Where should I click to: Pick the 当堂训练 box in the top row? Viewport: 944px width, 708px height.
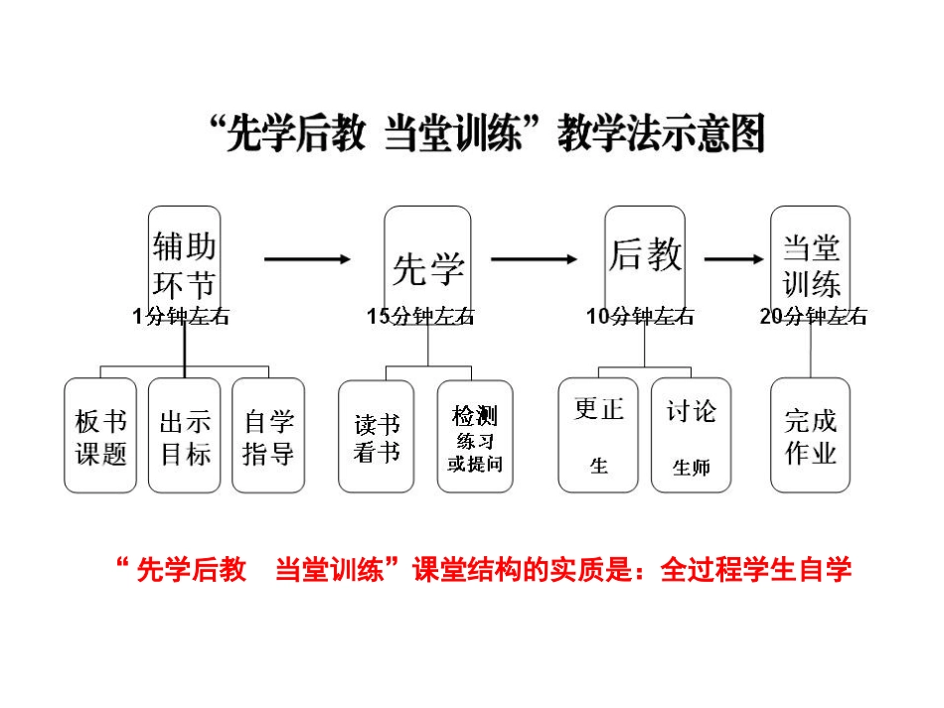tap(811, 260)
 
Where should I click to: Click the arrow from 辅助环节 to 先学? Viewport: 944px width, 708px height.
tap(307, 259)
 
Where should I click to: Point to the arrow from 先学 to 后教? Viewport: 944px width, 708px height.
tap(534, 259)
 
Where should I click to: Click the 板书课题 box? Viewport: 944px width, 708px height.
tap(100, 435)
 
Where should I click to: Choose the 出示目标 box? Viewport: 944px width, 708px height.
tap(185, 435)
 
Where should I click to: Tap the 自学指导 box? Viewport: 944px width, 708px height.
tap(268, 435)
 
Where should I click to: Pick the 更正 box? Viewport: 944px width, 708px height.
tap(598, 435)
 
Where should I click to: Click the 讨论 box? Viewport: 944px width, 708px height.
tap(691, 435)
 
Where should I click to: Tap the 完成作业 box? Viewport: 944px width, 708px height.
tap(811, 435)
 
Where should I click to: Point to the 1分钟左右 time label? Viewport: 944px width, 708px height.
tap(181, 317)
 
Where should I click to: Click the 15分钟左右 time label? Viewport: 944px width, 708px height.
tap(420, 317)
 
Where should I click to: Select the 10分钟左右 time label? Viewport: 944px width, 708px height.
tap(640, 317)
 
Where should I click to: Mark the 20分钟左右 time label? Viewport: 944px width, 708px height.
tap(813, 317)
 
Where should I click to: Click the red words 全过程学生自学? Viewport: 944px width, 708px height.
tap(756, 571)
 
